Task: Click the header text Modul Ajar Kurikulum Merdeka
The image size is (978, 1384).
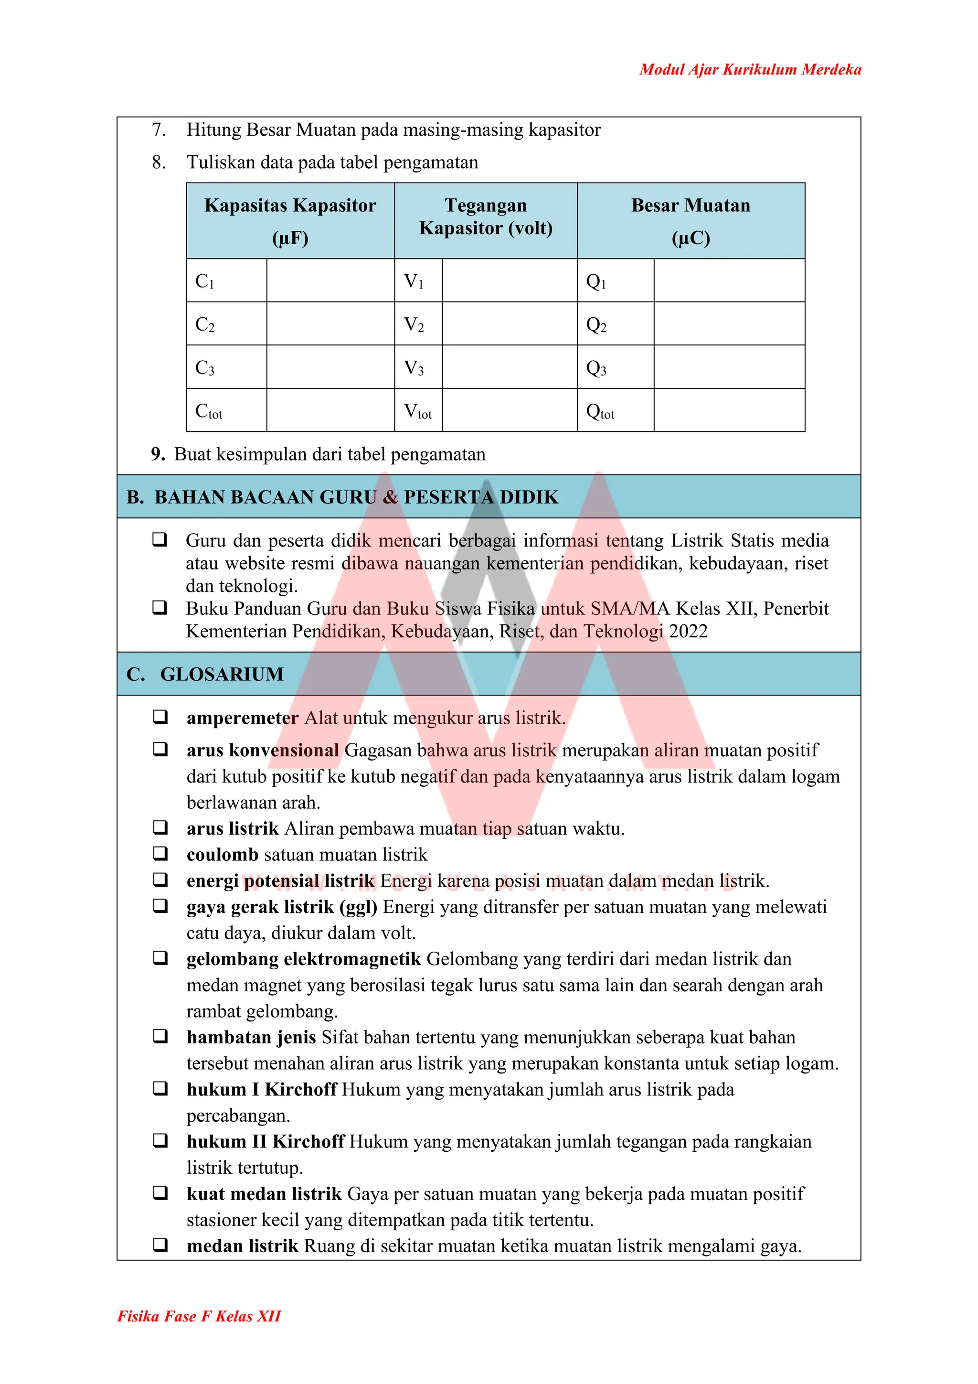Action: pyautogui.click(x=750, y=69)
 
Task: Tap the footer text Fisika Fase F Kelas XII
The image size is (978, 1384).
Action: pyautogui.click(x=199, y=1316)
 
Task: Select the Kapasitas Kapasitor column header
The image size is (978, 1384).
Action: pyautogui.click(x=290, y=221)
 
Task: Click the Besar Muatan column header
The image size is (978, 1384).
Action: pyautogui.click(x=691, y=221)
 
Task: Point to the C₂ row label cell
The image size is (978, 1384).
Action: pyautogui.click(x=226, y=324)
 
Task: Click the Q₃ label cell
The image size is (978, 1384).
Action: pyautogui.click(x=615, y=367)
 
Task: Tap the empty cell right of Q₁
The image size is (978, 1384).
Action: pyautogui.click(x=729, y=281)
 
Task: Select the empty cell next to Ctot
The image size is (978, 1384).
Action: pyautogui.click(x=330, y=410)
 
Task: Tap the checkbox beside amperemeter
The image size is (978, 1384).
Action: pyautogui.click(x=159, y=717)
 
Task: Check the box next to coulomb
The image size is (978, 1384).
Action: pyautogui.click(x=159, y=854)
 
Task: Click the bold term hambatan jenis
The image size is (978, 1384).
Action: pyautogui.click(x=251, y=1037)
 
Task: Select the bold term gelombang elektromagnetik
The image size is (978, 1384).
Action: pyautogui.click(x=303, y=959)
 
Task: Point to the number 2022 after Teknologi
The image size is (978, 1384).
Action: pyautogui.click(x=688, y=631)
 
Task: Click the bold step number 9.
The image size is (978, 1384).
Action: pyautogui.click(x=158, y=454)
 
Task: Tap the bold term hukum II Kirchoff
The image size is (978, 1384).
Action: pyautogui.click(x=265, y=1142)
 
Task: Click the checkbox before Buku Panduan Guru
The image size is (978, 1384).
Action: pyautogui.click(x=159, y=607)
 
